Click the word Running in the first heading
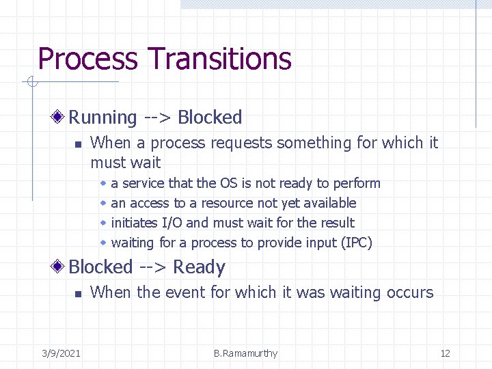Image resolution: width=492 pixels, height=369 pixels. point(103,118)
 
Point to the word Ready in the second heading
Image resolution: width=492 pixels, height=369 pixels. point(199,267)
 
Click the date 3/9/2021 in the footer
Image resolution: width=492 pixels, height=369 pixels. point(61,353)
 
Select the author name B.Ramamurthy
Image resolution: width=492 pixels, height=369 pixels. point(245,353)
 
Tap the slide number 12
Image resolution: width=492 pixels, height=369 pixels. point(445,353)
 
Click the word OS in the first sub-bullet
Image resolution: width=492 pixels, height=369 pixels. point(228,183)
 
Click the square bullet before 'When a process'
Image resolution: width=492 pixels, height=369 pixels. point(78,144)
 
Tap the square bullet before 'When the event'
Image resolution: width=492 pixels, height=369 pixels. point(78,293)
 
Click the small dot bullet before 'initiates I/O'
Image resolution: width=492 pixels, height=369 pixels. point(103,223)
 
